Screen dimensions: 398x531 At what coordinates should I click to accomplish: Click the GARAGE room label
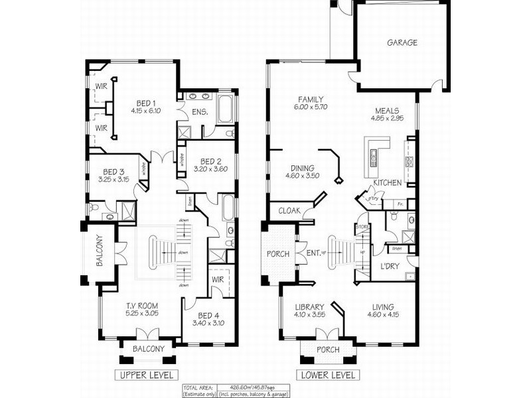coord(402,43)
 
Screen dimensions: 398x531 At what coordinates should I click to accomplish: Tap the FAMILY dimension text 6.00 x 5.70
coord(310,107)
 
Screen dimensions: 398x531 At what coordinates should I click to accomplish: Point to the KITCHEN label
coord(387,182)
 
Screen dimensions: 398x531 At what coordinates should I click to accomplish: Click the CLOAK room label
coord(290,211)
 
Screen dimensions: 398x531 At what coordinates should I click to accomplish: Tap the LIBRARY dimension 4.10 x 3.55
coord(310,316)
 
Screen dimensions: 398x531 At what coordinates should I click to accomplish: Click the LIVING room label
coord(383,307)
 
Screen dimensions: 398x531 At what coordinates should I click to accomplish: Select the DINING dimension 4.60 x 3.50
coord(302,176)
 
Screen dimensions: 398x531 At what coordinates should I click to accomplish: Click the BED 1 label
coord(146,103)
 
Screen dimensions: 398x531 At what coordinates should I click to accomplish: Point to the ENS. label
coord(200,113)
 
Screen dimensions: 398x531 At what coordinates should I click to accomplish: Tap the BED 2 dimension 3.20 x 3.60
coord(210,169)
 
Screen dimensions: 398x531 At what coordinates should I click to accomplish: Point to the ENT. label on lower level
coord(314,252)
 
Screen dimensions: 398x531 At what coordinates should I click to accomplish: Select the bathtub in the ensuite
coord(224,109)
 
